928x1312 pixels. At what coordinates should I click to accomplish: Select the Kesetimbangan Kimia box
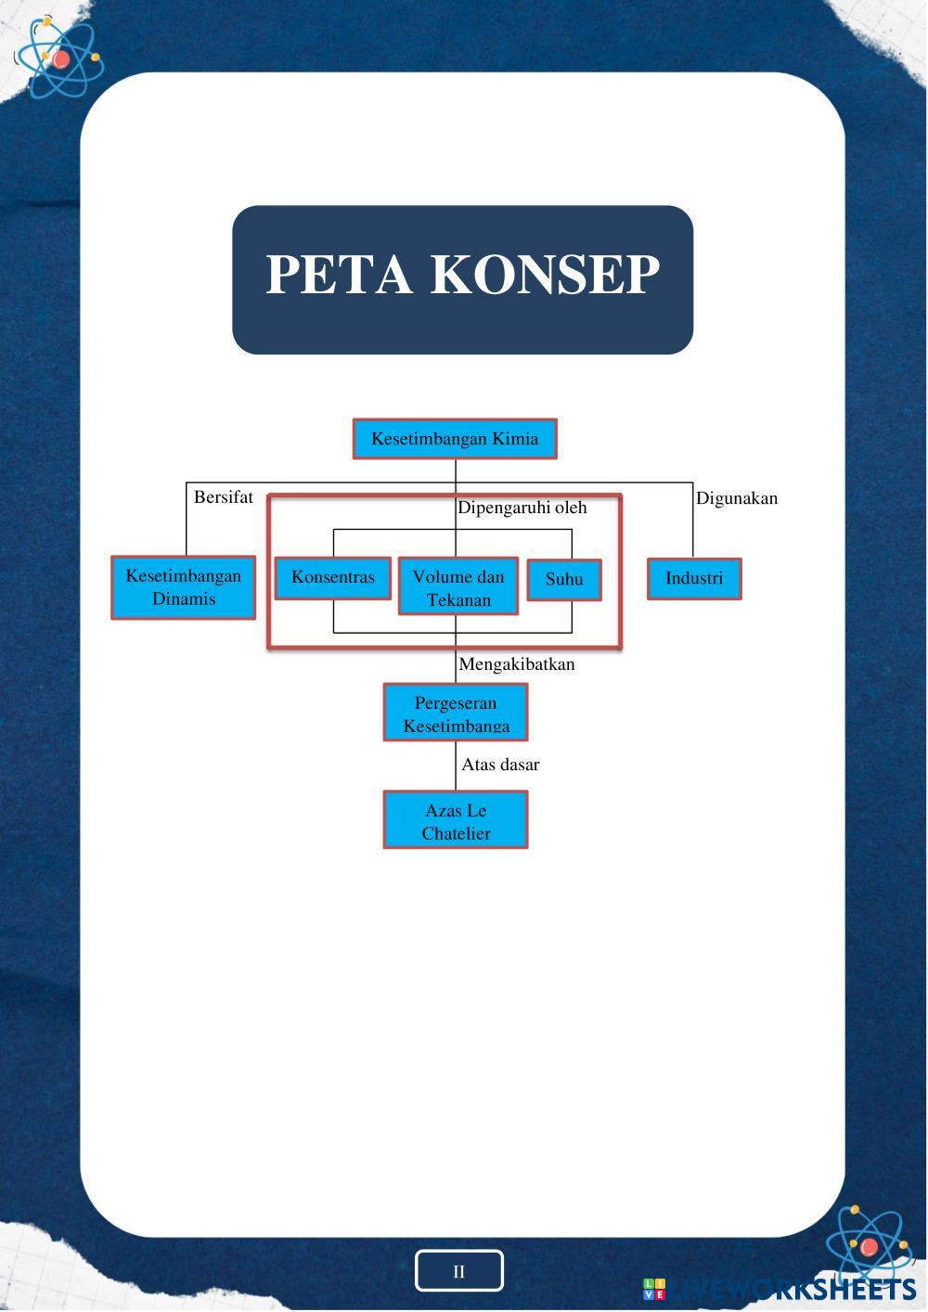(455, 439)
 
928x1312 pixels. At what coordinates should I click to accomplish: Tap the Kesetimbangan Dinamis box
(184, 587)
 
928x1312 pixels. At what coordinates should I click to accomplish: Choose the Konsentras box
(333, 578)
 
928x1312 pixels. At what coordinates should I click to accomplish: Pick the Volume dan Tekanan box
(458, 588)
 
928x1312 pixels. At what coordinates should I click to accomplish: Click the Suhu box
(564, 580)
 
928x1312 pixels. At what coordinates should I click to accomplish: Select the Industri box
(694, 579)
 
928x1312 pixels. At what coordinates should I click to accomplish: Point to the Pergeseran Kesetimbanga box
(456, 714)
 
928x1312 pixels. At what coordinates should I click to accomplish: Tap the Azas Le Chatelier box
(456, 820)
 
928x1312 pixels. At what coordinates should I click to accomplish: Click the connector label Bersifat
(223, 497)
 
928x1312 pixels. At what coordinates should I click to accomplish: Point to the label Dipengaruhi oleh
(522, 508)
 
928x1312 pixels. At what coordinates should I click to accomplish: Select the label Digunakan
(737, 498)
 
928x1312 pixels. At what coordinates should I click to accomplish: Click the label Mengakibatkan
(517, 664)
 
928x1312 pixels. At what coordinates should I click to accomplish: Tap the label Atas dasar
(500, 765)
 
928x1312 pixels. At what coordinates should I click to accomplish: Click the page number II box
(458, 1271)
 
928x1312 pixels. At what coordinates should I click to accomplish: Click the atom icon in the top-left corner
(59, 59)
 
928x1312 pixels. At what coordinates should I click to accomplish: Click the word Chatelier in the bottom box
(456, 833)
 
